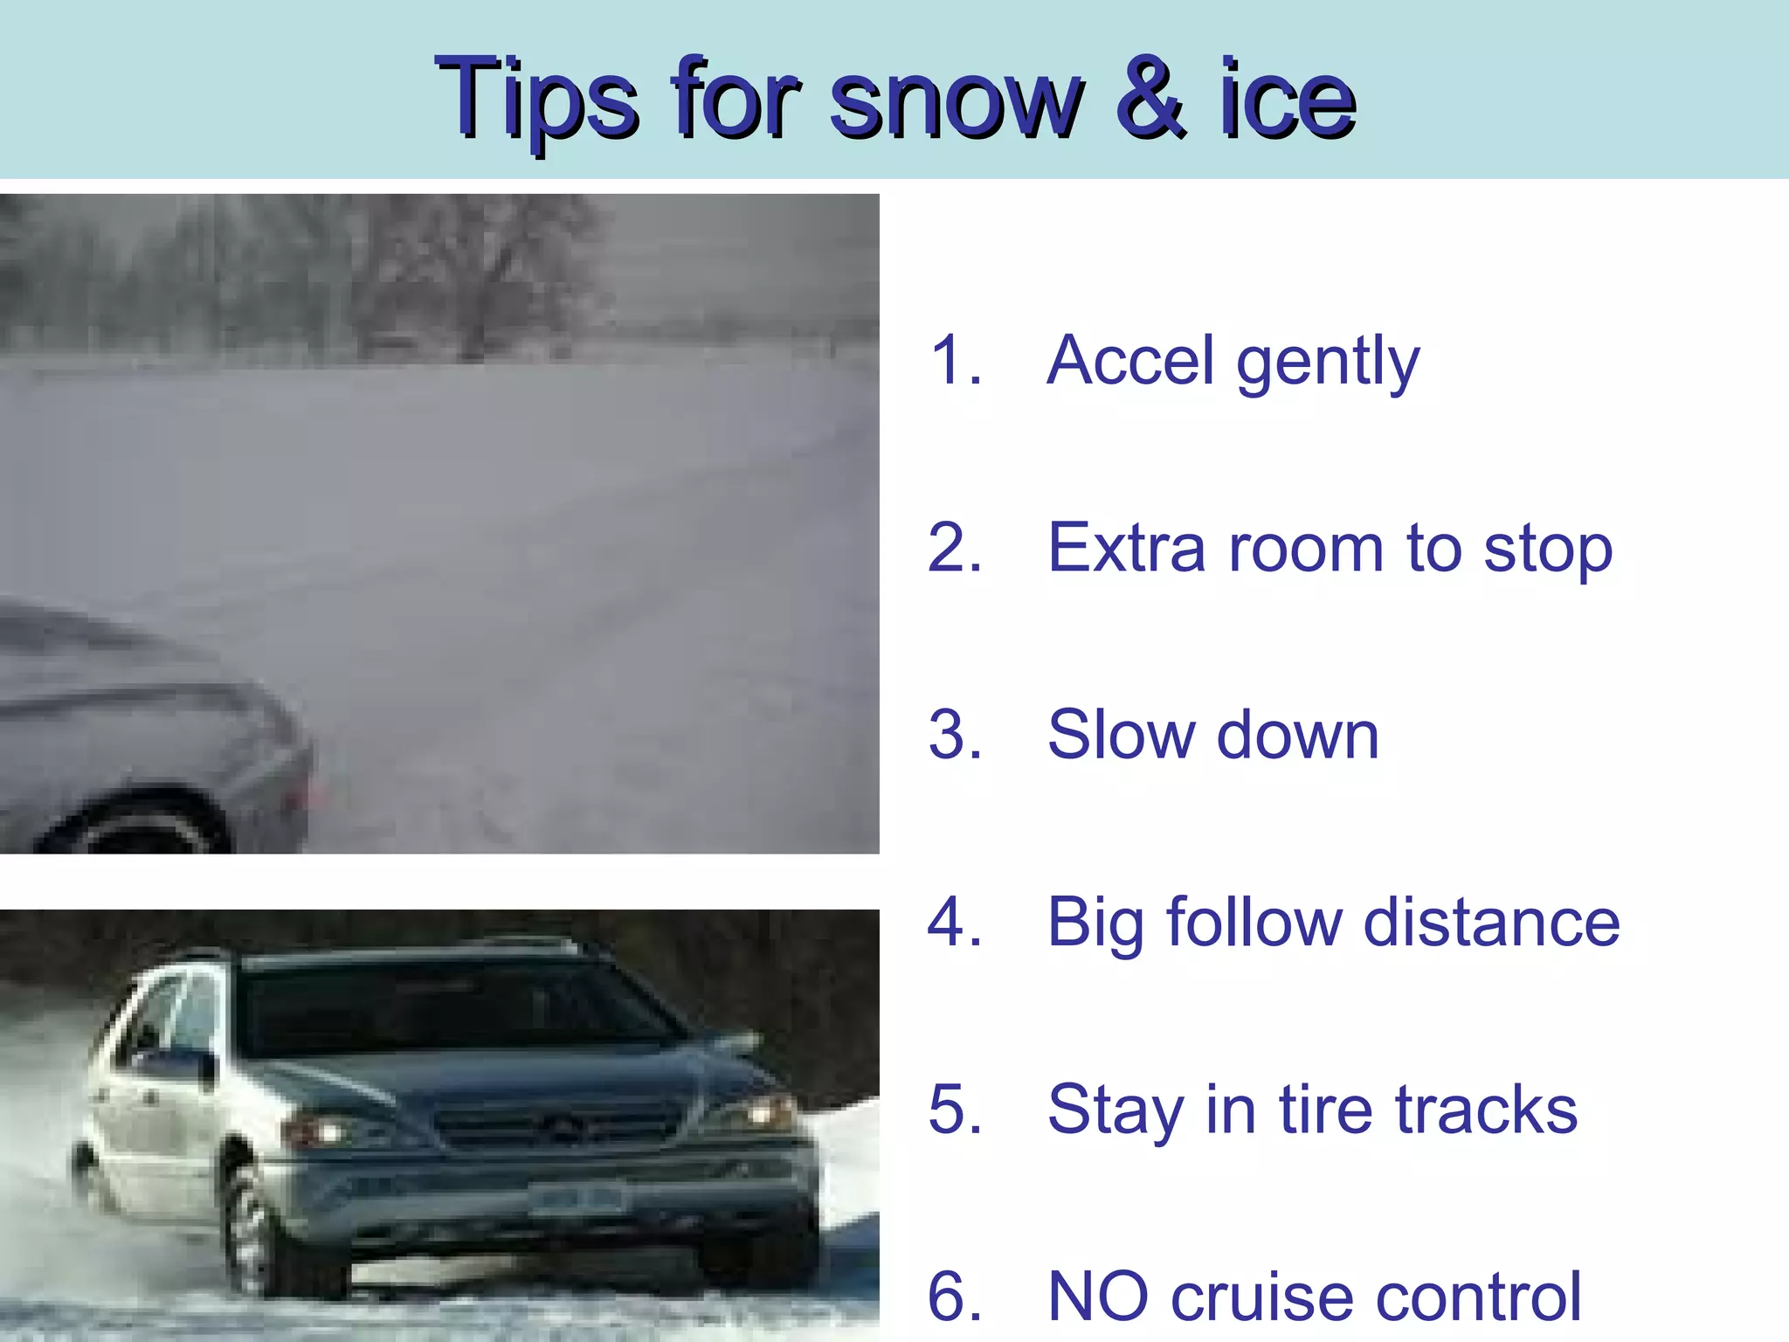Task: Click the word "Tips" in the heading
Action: tap(536, 98)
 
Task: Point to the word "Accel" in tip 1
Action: tap(1130, 360)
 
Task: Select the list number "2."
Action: tap(956, 549)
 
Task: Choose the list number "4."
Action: tap(956, 923)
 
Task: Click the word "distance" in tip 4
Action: tap(1491, 923)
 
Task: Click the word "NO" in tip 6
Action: tap(1098, 1297)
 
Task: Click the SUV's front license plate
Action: tap(577, 1199)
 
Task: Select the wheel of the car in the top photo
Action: tap(140, 826)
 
